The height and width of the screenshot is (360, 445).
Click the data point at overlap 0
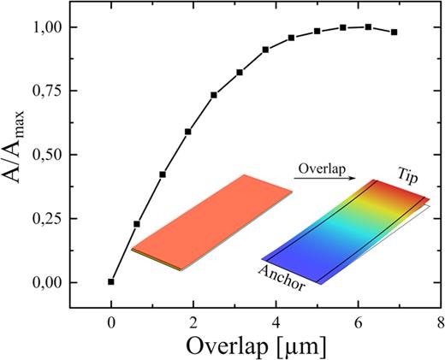[x=111, y=281]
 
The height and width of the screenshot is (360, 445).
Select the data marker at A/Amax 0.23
[x=137, y=224]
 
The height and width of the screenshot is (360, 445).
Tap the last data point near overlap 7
[x=394, y=32]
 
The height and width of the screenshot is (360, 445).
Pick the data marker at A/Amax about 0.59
[x=188, y=132]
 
